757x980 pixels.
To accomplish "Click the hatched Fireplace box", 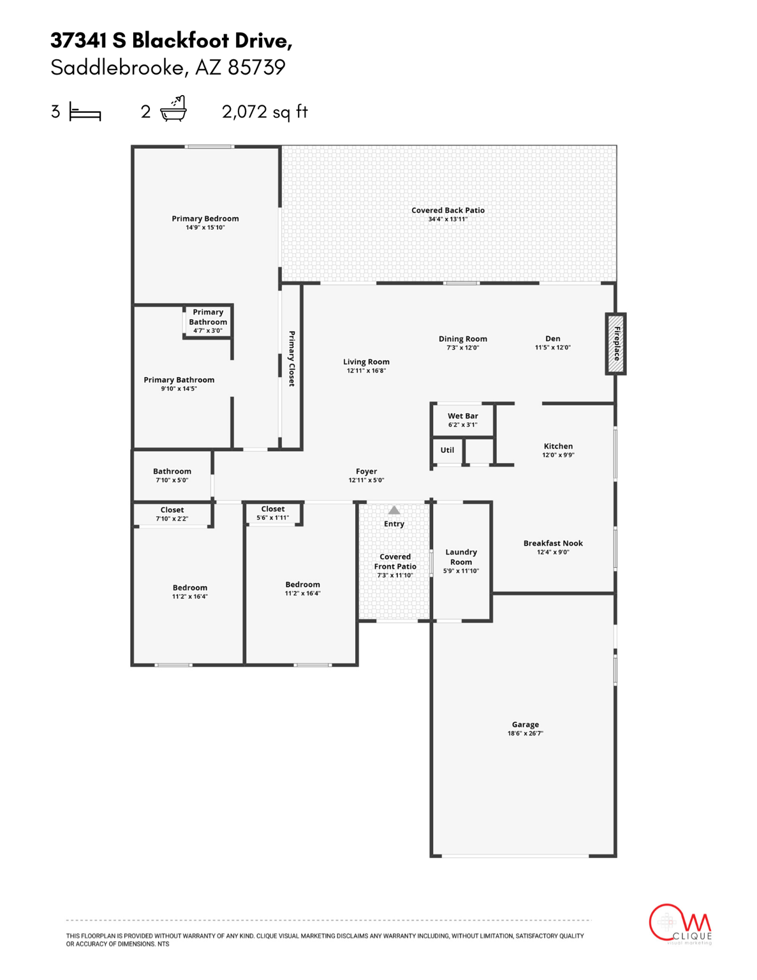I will pyautogui.click(x=615, y=344).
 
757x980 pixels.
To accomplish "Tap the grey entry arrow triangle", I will pyautogui.click(x=394, y=510).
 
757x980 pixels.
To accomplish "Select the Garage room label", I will pyautogui.click(x=525, y=725).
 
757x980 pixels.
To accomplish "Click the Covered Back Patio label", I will pyautogui.click(x=448, y=211).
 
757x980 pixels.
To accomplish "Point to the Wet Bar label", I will pyautogui.click(x=462, y=416).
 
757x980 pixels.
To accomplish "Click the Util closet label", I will pyautogui.click(x=447, y=450).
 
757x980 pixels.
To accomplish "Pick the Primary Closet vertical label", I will pyautogui.click(x=291, y=359).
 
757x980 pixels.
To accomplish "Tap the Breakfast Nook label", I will pyautogui.click(x=553, y=544).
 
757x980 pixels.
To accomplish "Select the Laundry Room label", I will pyautogui.click(x=461, y=557).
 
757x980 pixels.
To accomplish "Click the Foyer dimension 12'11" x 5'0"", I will pyautogui.click(x=366, y=480).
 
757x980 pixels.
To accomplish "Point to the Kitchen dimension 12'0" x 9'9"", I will pyautogui.click(x=558, y=456).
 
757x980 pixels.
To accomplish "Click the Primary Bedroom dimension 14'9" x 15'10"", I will pyautogui.click(x=205, y=228).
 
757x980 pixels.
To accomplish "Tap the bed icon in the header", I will pyautogui.click(x=85, y=112).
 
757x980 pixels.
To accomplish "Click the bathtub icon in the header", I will pyautogui.click(x=173, y=109).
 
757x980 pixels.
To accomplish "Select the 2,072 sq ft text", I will pyautogui.click(x=265, y=112).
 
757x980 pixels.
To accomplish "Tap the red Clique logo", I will pyautogui.click(x=679, y=923).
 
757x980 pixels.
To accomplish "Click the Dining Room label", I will pyautogui.click(x=462, y=339).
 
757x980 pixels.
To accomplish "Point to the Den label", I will pyautogui.click(x=552, y=339).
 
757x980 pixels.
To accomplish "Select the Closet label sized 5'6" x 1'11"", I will pyautogui.click(x=272, y=509).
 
